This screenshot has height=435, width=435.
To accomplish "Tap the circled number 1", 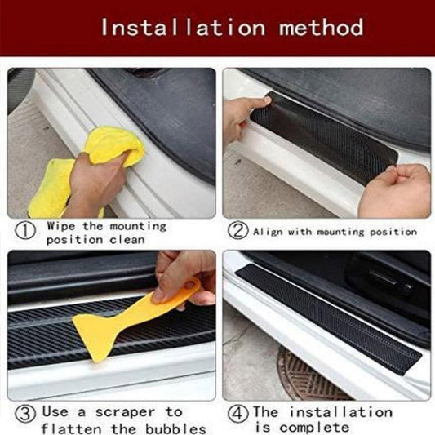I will (x=26, y=232).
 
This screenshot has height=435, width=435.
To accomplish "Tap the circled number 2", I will (x=238, y=231).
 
